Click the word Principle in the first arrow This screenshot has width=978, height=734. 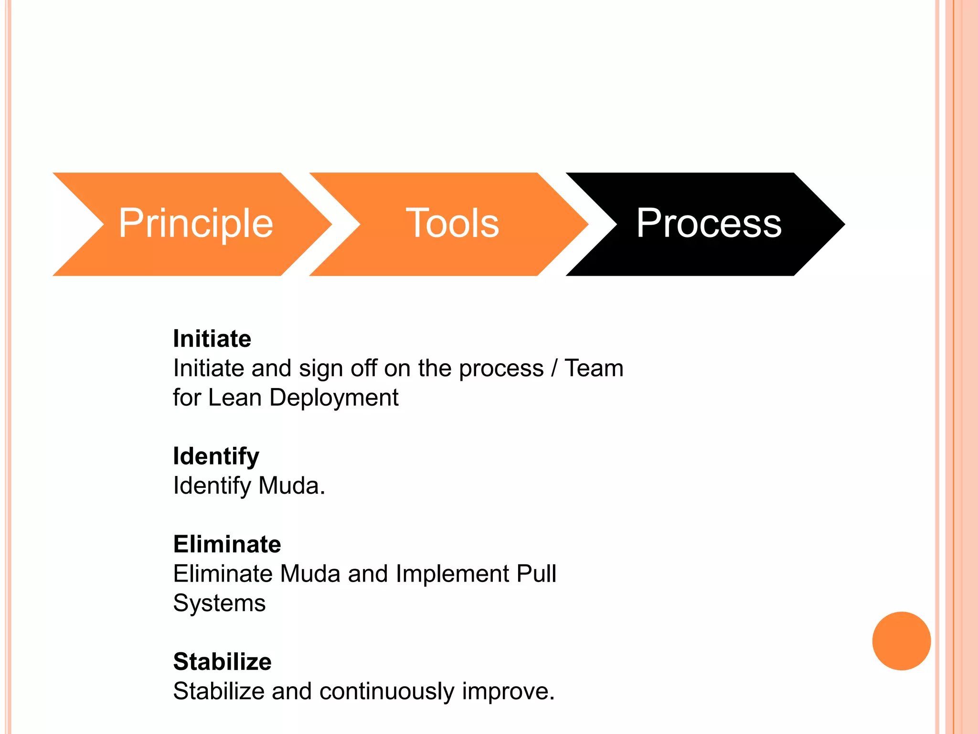(196, 224)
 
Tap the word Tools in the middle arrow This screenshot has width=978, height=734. (452, 224)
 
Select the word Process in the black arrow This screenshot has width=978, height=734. (709, 224)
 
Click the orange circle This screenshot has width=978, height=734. (901, 641)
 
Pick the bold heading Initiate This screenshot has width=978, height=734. (212, 339)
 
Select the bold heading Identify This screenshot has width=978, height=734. (216, 456)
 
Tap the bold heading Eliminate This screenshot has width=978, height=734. (227, 544)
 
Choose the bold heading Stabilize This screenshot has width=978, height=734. (223, 662)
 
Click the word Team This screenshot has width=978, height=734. (594, 368)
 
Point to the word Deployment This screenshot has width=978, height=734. (334, 398)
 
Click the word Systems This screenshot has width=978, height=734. (219, 604)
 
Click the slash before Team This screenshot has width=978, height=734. (554, 368)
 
